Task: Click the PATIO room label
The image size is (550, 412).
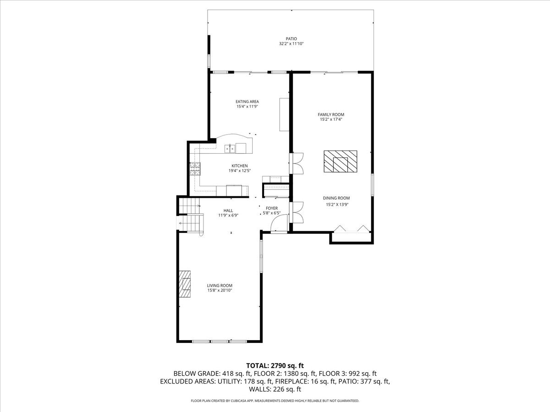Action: coord(291,39)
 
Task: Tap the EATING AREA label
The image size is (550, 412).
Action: coord(247,102)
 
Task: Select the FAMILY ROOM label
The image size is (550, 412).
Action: coord(331,114)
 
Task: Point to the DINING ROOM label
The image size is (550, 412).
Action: coord(336,198)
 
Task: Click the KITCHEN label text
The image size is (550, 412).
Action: coord(240,166)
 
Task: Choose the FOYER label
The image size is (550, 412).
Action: coord(272,208)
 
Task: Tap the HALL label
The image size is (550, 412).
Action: coord(228,211)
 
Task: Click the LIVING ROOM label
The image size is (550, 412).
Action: coord(220,285)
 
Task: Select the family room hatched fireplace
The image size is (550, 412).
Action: coord(340,161)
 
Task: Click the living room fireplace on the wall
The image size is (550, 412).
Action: coord(185,284)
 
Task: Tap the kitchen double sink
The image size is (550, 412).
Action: coord(230,149)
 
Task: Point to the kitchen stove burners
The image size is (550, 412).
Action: coord(195,169)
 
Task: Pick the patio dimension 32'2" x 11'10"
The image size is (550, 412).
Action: coord(291,44)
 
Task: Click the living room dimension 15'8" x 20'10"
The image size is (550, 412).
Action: coord(220,290)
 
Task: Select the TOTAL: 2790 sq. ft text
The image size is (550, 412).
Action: coord(275,366)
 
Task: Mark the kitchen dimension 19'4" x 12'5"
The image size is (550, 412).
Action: coord(240,171)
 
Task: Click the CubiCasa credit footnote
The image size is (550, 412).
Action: coord(275,401)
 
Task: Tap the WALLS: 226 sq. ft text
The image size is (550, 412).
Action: coord(275,389)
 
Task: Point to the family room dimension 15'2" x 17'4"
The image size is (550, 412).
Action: coord(331,119)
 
